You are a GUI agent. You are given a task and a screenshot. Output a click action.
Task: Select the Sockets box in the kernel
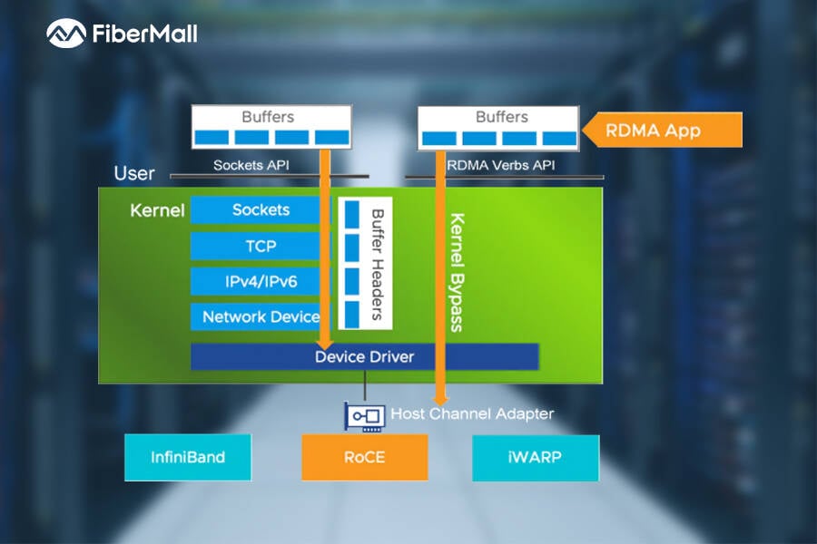(260, 210)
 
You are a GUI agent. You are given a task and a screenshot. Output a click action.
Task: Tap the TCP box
(260, 246)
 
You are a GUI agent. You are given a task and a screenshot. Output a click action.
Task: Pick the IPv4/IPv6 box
(260, 281)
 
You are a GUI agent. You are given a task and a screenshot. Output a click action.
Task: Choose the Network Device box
(260, 316)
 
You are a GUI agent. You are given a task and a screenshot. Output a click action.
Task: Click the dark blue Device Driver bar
(364, 356)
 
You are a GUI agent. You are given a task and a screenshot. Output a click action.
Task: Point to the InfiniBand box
(188, 457)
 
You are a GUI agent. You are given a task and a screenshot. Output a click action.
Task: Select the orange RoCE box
(364, 457)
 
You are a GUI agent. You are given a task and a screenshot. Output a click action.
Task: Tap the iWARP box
(536, 457)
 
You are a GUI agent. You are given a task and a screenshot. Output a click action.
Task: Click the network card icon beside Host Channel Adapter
(365, 415)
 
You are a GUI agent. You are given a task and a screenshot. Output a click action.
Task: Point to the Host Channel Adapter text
(472, 414)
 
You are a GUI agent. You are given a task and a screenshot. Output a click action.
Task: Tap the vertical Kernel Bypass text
(458, 272)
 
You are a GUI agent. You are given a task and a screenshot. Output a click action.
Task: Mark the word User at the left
(134, 173)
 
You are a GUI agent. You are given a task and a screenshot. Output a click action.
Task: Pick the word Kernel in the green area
(157, 211)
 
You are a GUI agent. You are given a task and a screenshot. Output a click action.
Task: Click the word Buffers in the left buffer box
(268, 117)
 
